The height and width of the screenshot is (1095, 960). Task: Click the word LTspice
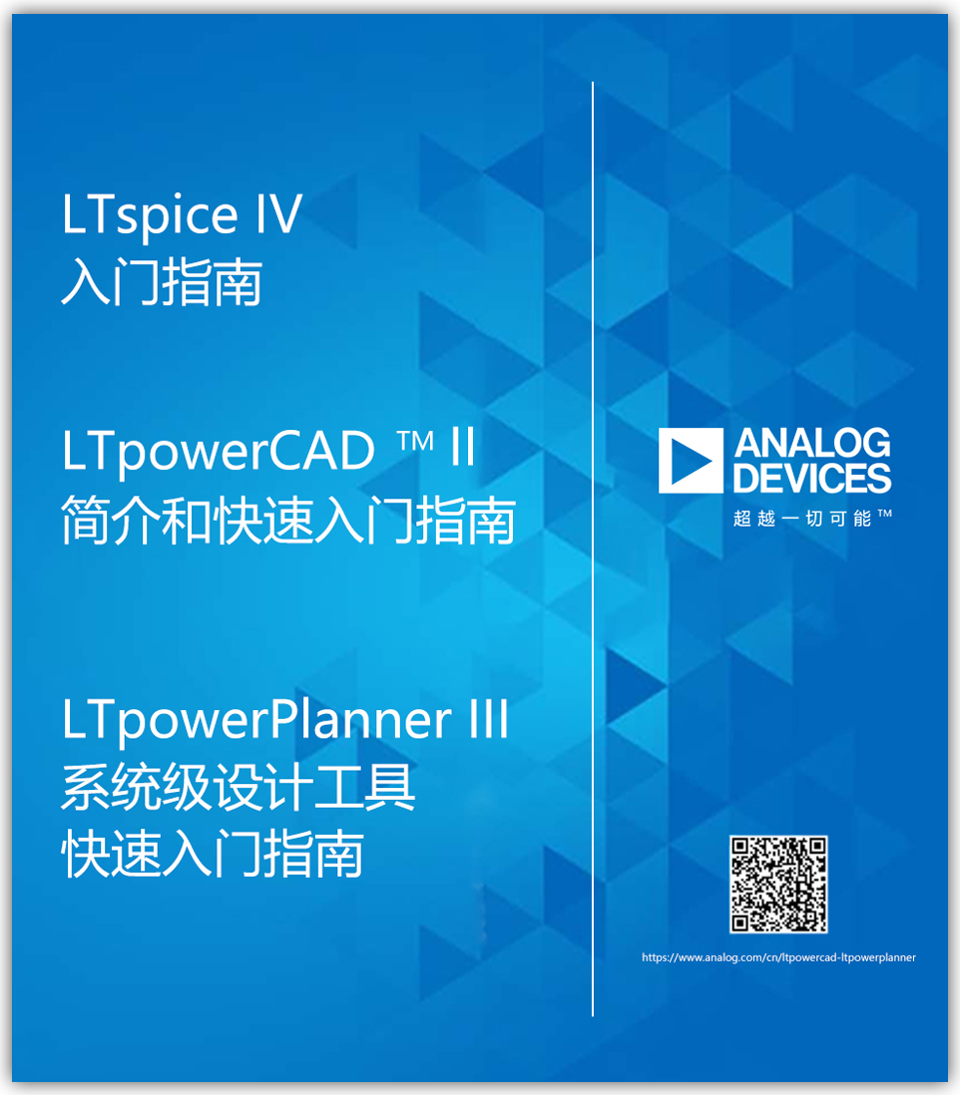coord(151,216)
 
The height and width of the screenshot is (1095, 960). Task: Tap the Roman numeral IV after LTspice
coord(278,213)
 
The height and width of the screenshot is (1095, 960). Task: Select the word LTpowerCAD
coord(219,453)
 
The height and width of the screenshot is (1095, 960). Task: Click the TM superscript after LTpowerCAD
coord(415,441)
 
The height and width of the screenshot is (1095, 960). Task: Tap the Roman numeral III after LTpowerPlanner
coord(489,718)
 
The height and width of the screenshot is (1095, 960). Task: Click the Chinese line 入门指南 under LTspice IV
coord(162,282)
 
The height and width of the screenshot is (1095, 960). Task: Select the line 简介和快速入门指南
coord(288,520)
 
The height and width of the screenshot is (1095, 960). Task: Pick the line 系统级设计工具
coord(239,786)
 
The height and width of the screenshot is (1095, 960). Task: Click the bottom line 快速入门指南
coord(213,854)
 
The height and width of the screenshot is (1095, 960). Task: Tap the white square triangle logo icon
coord(691,461)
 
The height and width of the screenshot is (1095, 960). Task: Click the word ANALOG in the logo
coord(812,443)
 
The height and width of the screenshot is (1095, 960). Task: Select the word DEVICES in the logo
coord(812,478)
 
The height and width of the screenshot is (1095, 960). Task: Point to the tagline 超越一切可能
coord(802,519)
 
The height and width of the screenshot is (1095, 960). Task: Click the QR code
coord(778,885)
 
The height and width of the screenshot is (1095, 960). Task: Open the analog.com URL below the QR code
coord(778,957)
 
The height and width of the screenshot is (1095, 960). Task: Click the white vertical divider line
coord(593,548)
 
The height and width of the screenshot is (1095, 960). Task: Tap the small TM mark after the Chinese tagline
coord(884,514)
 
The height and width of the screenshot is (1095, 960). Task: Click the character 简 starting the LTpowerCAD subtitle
coord(87,520)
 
